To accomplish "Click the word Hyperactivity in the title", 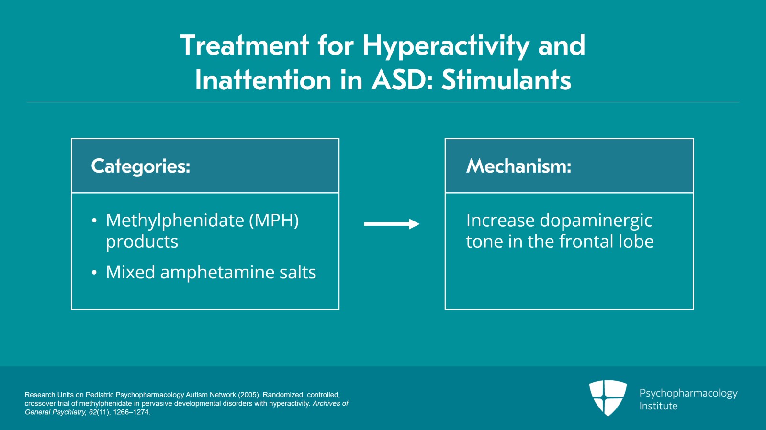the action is (446, 45).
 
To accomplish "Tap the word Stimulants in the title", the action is (506, 79).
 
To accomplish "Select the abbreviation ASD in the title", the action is (399, 79).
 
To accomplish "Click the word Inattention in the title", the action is (263, 79).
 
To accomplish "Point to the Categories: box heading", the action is (141, 166).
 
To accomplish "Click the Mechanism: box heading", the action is (518, 166).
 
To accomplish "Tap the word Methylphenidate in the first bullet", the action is (175, 221).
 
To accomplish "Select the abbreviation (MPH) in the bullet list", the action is (274, 221).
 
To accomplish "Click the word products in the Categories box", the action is (142, 242).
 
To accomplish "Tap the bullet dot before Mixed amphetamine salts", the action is (94, 273).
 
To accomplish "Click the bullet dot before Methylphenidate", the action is (94, 221).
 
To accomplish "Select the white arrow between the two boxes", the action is (392, 224).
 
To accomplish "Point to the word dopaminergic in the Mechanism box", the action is (596, 221).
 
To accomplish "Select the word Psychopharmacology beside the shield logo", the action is (688, 394).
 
